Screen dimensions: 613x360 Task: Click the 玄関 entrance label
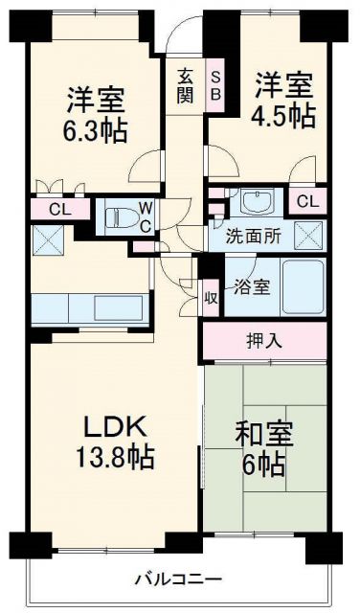click(x=184, y=84)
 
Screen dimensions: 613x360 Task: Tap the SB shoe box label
click(x=215, y=84)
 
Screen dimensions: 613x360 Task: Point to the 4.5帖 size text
click(x=284, y=115)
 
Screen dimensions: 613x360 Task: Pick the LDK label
click(x=112, y=423)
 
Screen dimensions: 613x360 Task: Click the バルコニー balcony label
click(x=178, y=579)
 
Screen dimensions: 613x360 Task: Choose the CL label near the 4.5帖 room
click(x=307, y=200)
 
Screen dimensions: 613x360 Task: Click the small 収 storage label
click(x=210, y=297)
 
